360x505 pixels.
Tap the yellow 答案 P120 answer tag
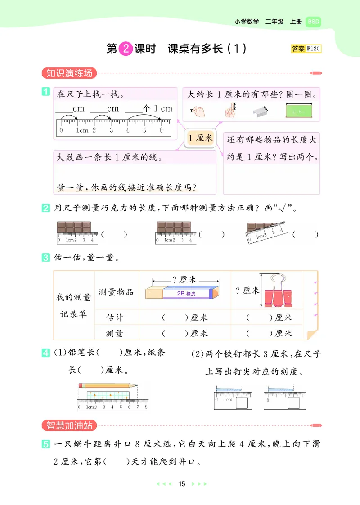pyautogui.click(x=306, y=49)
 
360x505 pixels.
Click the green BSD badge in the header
pyautogui.click(x=313, y=22)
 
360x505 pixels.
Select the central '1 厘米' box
pyautogui.click(x=201, y=138)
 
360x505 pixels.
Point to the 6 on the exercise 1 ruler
pyautogui.click(x=161, y=130)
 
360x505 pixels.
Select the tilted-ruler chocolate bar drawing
pyautogui.click(x=265, y=232)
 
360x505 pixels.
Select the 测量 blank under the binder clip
pyautogui.click(x=261, y=333)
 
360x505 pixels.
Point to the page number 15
pyautogui.click(x=182, y=484)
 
